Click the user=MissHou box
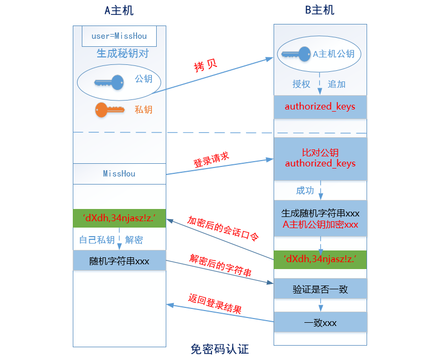pyautogui.click(x=119, y=36)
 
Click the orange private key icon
pyautogui.click(x=109, y=110)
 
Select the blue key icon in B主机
pyautogui.click(x=295, y=54)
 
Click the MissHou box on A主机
pyautogui.click(x=119, y=174)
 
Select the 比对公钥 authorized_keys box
pyautogui.click(x=320, y=158)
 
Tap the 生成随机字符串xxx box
pyautogui.click(x=320, y=219)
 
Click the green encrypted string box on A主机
pyautogui.click(x=119, y=218)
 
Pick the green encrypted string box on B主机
pyautogui.click(x=320, y=259)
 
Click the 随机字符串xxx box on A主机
pyautogui.click(x=119, y=261)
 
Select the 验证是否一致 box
pyautogui.click(x=320, y=289)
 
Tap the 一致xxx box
pyautogui.click(x=320, y=322)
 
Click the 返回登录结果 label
pyautogui.click(x=215, y=304)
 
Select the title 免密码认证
pyautogui.click(x=219, y=349)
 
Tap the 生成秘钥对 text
pyautogui.click(x=122, y=54)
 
